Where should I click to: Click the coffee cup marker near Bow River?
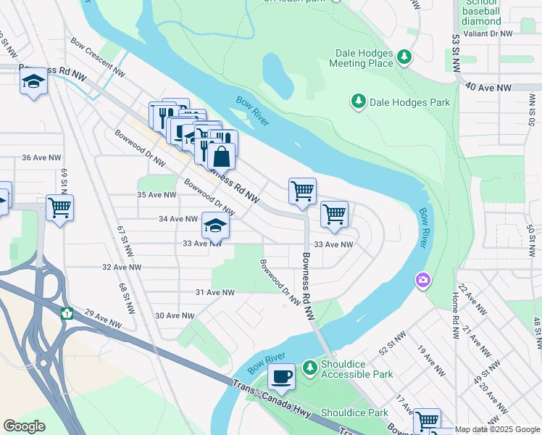[x=281, y=377]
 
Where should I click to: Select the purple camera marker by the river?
[x=422, y=279]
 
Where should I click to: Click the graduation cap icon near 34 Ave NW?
[x=215, y=226]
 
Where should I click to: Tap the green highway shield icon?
[x=67, y=313]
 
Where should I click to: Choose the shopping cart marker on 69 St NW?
[x=60, y=208]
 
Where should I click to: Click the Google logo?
[x=25, y=426]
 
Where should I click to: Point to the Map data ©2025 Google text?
[x=497, y=430]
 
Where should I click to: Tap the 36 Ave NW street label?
[x=42, y=157]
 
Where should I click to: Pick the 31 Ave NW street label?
[x=215, y=292]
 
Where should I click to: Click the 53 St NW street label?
[x=456, y=51]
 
